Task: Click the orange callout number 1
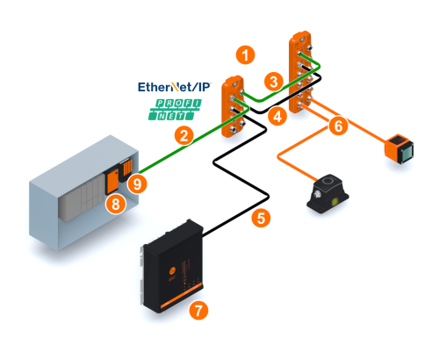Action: [246, 54]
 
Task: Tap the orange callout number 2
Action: [184, 136]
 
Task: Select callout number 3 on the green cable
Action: [274, 82]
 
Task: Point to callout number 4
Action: [277, 116]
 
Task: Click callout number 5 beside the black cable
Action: [261, 218]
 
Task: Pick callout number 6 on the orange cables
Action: [338, 126]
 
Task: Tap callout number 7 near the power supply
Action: [198, 310]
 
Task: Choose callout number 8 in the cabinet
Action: [116, 204]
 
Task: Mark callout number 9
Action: [137, 184]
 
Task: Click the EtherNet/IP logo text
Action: [174, 87]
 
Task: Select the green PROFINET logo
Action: [175, 110]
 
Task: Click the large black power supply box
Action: [172, 266]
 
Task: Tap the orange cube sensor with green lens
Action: [399, 149]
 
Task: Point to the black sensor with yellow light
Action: [327, 193]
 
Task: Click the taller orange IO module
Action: [300, 72]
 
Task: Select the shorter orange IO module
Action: [233, 106]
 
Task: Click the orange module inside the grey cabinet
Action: [112, 182]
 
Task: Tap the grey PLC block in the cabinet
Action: [82, 199]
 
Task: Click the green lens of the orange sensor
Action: [406, 153]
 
